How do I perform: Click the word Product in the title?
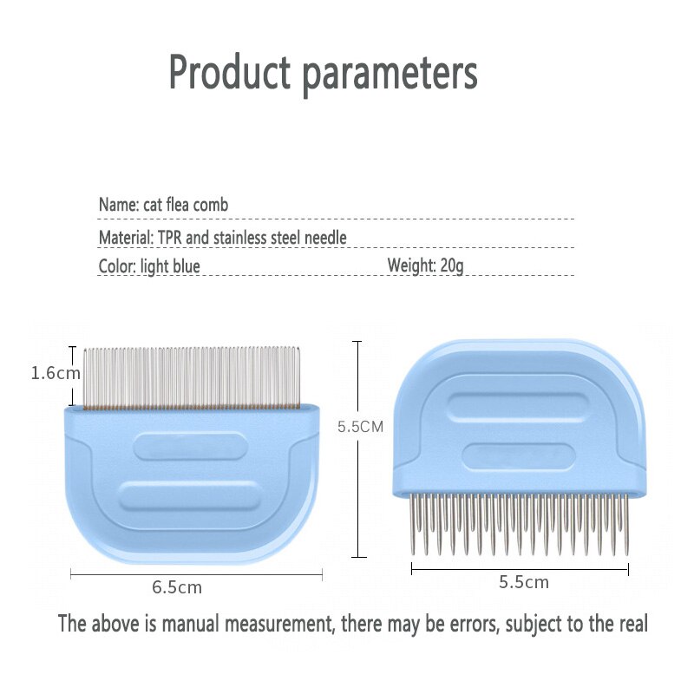pos(230,73)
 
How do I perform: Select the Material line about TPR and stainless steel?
pos(223,237)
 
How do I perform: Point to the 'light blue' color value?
pos(170,266)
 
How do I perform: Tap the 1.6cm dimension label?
pos(56,373)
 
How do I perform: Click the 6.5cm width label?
pos(177,587)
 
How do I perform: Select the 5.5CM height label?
pos(360,426)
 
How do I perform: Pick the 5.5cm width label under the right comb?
pos(523,582)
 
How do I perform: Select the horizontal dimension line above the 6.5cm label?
pos(196,573)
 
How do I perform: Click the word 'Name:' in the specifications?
pos(118,206)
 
